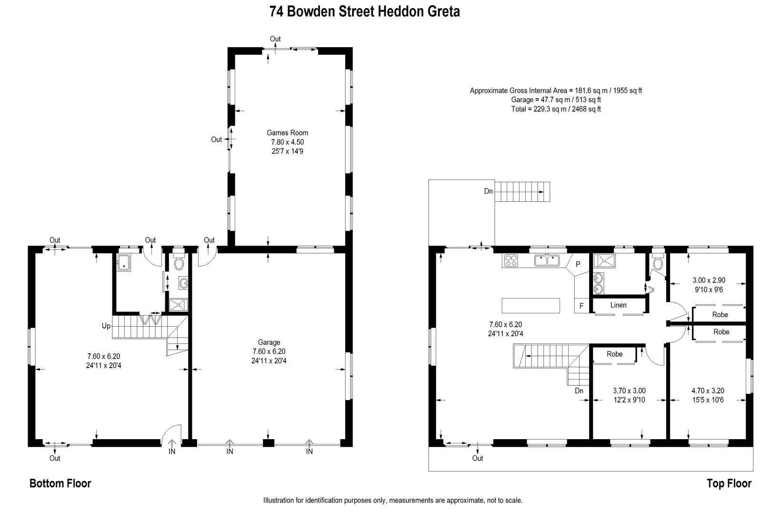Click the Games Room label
(x=287, y=133)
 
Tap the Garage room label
(x=269, y=342)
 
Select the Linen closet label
(x=618, y=305)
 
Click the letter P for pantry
(x=578, y=264)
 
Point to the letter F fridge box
(x=581, y=306)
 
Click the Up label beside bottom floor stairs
(x=106, y=326)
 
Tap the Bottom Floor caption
(x=60, y=484)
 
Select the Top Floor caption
(x=729, y=484)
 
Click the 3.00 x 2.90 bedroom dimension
(x=709, y=280)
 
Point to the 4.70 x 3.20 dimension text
(x=708, y=391)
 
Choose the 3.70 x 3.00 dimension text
(x=629, y=391)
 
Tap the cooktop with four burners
(x=511, y=260)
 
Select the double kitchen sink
(x=547, y=260)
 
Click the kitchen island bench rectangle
(x=531, y=305)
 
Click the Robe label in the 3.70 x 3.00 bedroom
(x=615, y=354)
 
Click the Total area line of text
(x=556, y=109)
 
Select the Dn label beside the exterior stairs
(x=488, y=191)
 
